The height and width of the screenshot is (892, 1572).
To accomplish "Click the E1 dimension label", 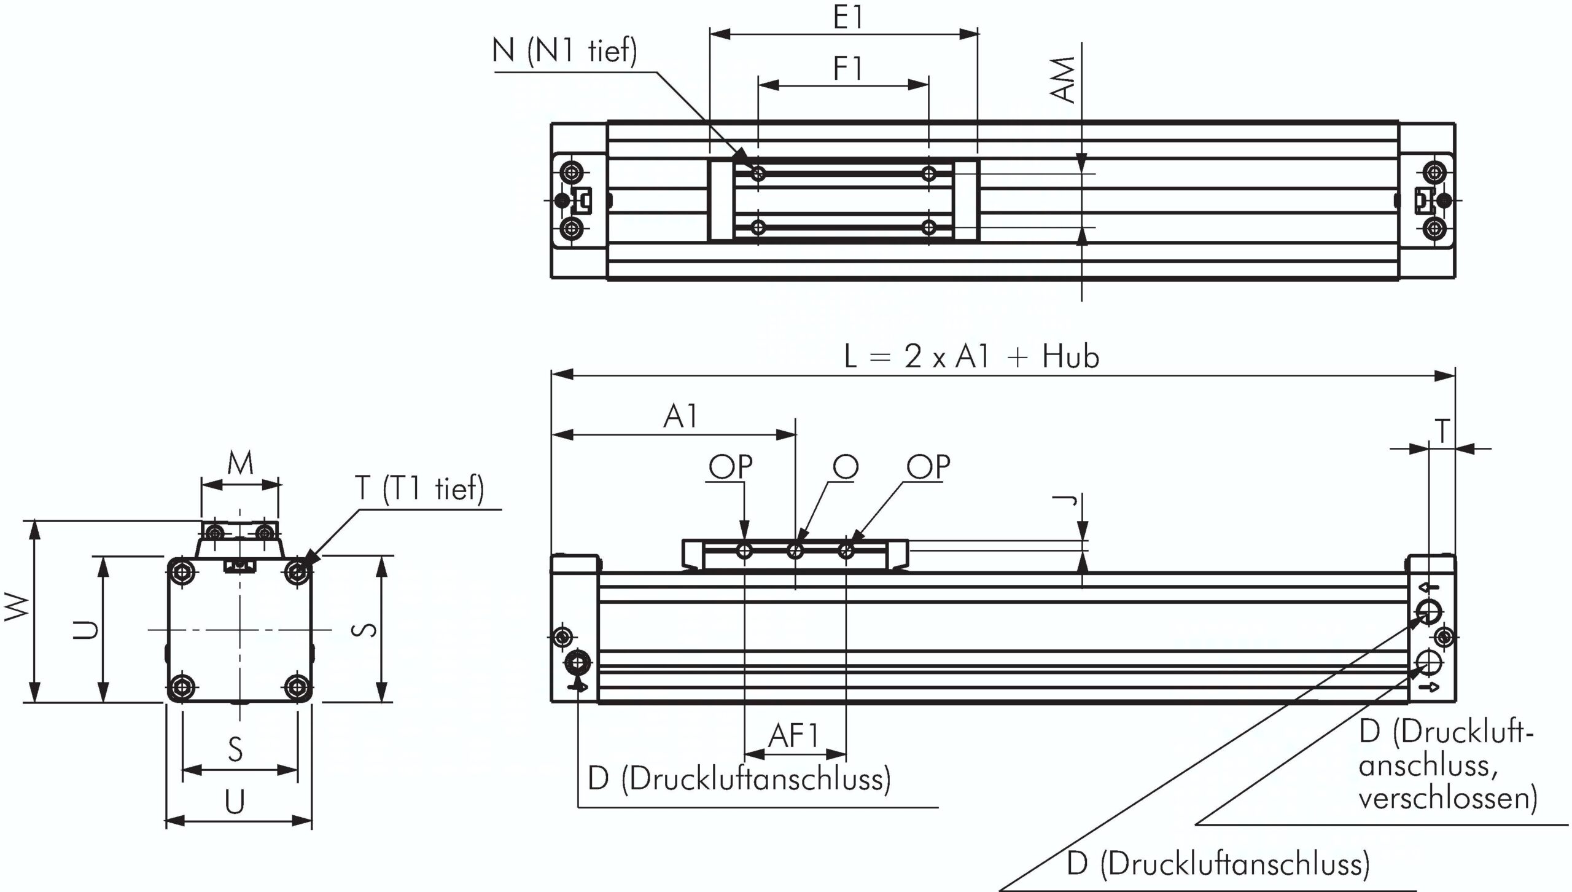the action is pos(848,18).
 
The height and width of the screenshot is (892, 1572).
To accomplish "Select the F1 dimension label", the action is pos(848,69).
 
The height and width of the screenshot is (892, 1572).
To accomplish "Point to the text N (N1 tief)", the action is pos(564,50).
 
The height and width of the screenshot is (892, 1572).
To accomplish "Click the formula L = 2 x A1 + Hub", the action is pos(971,357).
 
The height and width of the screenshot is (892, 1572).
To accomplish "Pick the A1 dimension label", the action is pos(681,417).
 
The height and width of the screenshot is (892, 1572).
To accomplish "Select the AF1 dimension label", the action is pos(795,735).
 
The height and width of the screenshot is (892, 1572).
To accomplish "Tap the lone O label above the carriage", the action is pos(846,468).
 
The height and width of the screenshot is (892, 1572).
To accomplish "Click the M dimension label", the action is pos(240,464).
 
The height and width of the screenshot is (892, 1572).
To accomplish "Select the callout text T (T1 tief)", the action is pos(419,488).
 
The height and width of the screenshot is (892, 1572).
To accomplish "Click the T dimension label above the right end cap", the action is pos(1442,431).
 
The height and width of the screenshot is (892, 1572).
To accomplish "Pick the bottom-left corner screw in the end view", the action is pos(182,686).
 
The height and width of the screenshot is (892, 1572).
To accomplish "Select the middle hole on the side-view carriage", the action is pos(795,550).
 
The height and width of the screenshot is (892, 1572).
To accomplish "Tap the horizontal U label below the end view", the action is pos(235,802).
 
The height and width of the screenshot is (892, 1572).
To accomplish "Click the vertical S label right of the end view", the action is pos(367,630).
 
